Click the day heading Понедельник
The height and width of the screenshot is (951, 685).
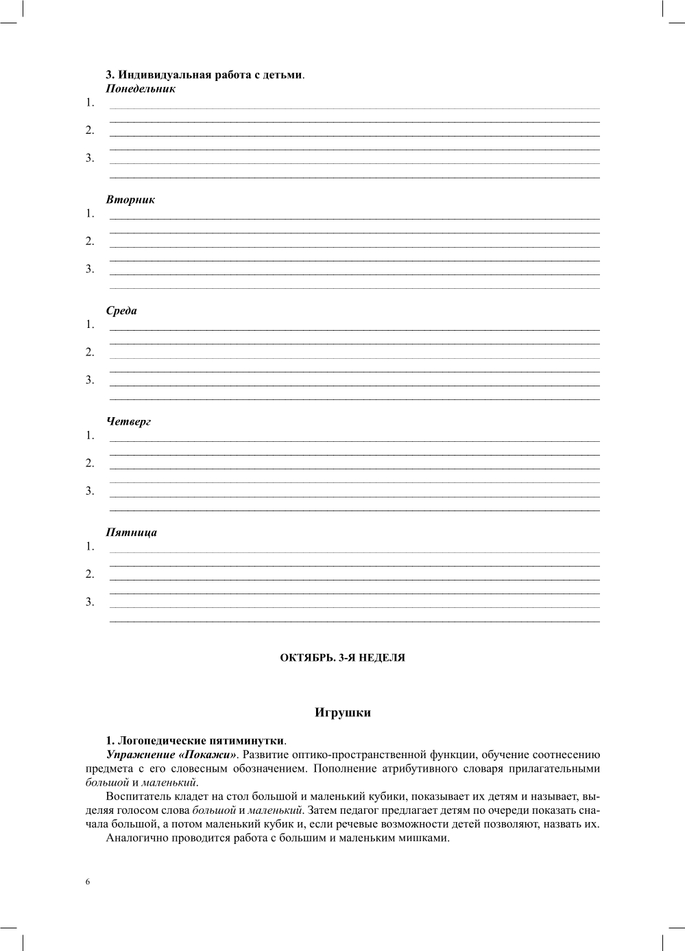(141, 89)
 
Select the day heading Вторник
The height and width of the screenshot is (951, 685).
(130, 200)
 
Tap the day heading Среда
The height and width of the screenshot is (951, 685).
(121, 311)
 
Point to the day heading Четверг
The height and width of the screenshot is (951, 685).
(128, 422)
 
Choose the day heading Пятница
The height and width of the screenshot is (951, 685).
(131, 532)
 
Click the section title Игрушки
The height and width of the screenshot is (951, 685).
(342, 713)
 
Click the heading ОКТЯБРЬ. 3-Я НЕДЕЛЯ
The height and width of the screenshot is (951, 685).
(342, 658)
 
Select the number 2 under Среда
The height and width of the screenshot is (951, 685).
(89, 353)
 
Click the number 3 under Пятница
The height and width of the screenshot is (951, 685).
(89, 602)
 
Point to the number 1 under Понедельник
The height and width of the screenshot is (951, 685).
(89, 104)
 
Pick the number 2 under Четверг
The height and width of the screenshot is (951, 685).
(89, 464)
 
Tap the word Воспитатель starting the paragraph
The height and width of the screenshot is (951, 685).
(141, 797)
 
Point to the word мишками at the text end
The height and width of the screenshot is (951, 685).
(425, 838)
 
